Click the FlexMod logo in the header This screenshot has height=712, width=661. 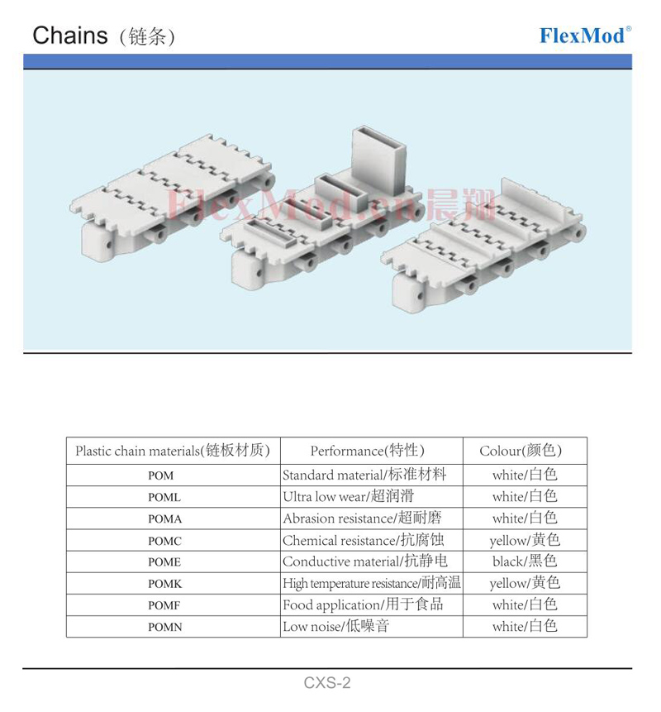click(585, 36)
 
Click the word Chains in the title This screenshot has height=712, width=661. click(70, 36)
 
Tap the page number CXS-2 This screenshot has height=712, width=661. click(327, 682)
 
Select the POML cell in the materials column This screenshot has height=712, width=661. click(164, 497)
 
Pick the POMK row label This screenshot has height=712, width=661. click(164, 584)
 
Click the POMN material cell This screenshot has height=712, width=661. click(164, 627)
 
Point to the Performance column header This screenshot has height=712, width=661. click(368, 451)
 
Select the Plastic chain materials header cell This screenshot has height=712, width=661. click(173, 451)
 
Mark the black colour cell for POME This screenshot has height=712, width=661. click(525, 561)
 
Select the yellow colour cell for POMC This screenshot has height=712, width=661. click(525, 540)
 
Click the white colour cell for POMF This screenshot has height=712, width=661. click(525, 604)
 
